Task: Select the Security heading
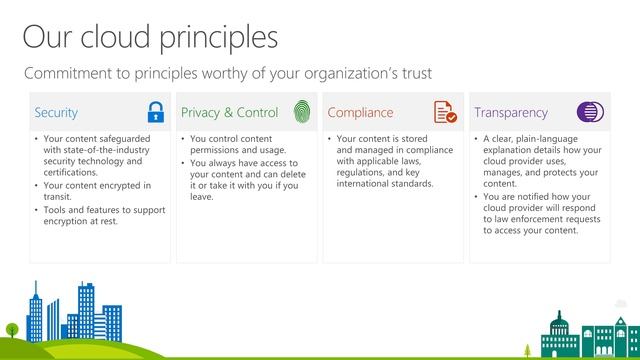click(56, 113)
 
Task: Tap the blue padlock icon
click(155, 112)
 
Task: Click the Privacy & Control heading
click(229, 113)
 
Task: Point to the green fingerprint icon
click(301, 112)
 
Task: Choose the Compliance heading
click(360, 113)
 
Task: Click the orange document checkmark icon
click(445, 112)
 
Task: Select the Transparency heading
click(511, 113)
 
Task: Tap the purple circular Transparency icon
click(590, 112)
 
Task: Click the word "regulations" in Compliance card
click(362, 172)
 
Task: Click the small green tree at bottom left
click(12, 329)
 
